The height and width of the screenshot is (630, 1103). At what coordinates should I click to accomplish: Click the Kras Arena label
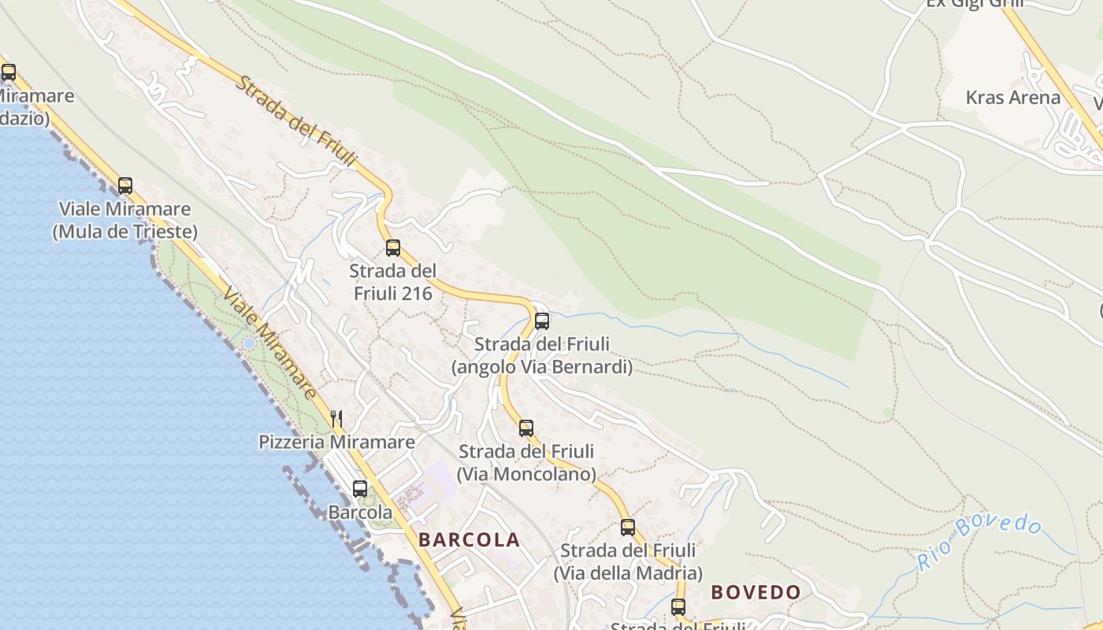1013,98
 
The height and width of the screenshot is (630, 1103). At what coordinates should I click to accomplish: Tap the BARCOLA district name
470,540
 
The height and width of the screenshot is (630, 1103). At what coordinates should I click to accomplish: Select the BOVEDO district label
756,592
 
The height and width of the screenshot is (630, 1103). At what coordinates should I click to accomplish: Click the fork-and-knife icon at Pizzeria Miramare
336,418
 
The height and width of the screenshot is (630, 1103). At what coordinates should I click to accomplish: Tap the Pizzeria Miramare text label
336,442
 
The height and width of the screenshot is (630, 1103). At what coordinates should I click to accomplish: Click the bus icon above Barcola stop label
360,488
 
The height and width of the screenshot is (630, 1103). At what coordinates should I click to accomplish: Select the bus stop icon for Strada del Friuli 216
393,248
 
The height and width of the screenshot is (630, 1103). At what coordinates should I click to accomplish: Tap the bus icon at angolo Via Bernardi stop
542,321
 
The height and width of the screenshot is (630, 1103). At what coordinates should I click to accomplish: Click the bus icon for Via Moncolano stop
526,428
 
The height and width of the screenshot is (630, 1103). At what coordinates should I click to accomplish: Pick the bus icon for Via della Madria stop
628,527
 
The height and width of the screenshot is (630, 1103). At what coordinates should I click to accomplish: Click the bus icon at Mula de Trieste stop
125,186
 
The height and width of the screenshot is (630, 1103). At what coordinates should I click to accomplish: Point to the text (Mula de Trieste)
125,232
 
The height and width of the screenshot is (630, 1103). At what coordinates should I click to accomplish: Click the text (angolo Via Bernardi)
542,367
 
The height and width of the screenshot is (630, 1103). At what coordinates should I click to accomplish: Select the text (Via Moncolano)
526,474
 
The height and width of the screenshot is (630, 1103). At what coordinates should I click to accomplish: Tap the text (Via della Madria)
628,573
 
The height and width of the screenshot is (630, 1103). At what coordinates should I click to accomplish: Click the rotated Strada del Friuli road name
296,121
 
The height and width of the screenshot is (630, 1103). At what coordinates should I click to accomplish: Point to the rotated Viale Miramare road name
270,343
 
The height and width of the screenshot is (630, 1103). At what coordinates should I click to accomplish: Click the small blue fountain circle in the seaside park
249,343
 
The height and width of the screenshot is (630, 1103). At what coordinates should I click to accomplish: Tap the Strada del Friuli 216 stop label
393,282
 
